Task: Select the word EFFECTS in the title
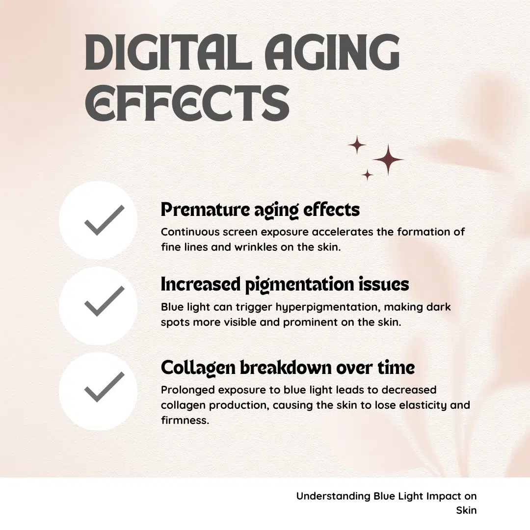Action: point(187,103)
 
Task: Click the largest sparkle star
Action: point(388,159)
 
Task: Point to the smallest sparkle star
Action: point(367,175)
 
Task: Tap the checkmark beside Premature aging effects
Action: point(105,220)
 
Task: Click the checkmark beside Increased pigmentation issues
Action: point(105,301)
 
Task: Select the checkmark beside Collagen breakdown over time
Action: point(105,387)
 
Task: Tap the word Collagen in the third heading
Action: point(198,368)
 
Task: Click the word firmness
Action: point(185,420)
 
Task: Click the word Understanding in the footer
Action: point(333,497)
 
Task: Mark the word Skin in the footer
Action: point(466,510)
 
